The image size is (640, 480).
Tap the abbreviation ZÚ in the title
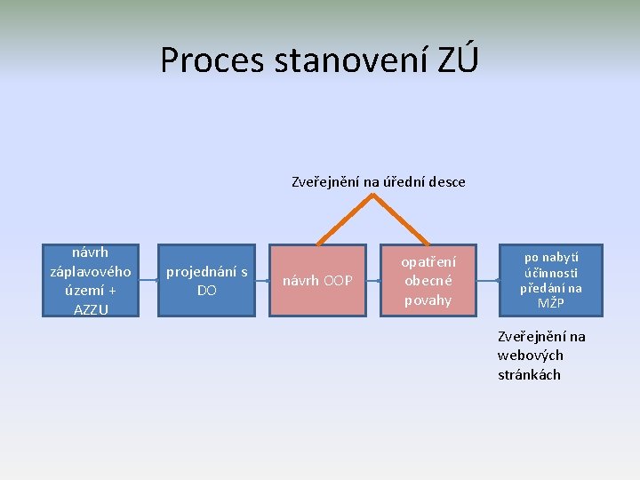click(x=458, y=60)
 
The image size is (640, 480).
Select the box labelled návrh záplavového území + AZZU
click(x=90, y=280)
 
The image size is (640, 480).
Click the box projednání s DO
click(x=206, y=280)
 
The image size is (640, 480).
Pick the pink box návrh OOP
click(x=317, y=280)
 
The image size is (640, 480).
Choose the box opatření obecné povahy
click(x=428, y=280)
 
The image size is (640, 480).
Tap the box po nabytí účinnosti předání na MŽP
click(x=550, y=280)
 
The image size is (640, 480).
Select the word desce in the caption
click(x=446, y=182)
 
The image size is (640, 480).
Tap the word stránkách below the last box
click(x=529, y=374)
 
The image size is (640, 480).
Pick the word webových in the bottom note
click(x=530, y=356)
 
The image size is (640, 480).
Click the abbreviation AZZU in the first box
click(x=90, y=308)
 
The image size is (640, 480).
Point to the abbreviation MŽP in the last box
click(x=550, y=303)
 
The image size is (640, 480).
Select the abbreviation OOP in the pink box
click(x=338, y=281)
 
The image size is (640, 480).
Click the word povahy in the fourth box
click(x=428, y=300)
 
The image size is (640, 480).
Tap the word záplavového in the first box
click(x=90, y=271)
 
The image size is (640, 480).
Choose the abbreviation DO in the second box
click(x=206, y=291)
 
